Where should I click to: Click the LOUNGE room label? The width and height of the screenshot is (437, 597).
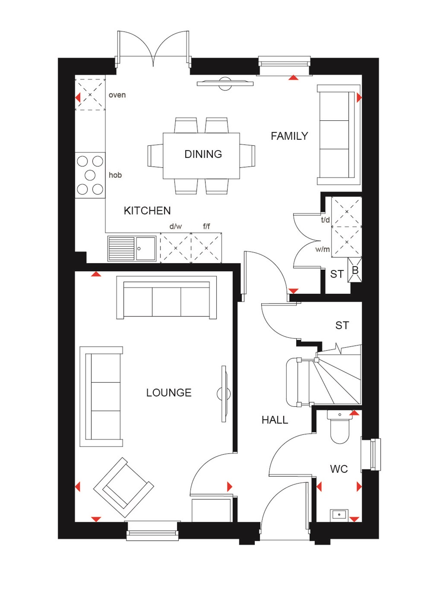click(x=169, y=393)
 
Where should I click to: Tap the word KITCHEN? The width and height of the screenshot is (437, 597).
click(x=147, y=211)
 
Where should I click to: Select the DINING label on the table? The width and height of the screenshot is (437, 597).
click(x=203, y=154)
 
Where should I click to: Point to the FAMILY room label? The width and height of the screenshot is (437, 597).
click(x=289, y=136)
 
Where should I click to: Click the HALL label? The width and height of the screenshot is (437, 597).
click(x=274, y=420)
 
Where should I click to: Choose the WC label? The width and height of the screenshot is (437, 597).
click(x=339, y=469)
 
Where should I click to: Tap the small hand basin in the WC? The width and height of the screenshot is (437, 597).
click(x=339, y=515)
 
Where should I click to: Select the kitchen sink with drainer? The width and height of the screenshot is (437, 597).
click(x=132, y=248)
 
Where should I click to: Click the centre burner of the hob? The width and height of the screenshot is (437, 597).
click(x=90, y=175)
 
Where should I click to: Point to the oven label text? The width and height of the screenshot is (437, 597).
click(x=117, y=95)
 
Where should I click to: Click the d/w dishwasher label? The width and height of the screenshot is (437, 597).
click(x=175, y=226)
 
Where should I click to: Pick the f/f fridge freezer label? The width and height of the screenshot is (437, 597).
click(x=207, y=226)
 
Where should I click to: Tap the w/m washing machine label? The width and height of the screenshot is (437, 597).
click(x=322, y=249)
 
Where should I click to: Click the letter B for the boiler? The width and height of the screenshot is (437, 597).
click(x=355, y=271)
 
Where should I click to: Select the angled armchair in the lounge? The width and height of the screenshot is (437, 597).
click(x=123, y=487)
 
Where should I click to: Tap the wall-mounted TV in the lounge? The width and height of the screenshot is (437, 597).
click(x=224, y=394)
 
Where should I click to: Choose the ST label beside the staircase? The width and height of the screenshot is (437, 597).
click(x=342, y=326)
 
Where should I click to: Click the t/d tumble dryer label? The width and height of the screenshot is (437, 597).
click(x=325, y=220)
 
